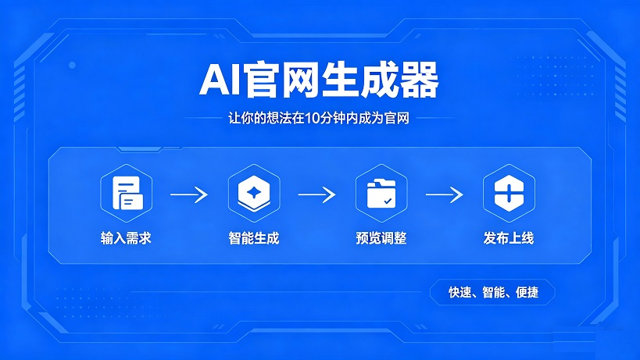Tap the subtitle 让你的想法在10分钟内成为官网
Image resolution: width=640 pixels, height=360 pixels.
coord(320,119)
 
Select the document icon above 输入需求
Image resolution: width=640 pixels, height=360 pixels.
coord(126,193)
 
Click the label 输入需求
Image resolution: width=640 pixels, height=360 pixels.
coord(126,238)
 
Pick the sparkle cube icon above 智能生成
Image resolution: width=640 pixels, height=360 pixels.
coord(254,193)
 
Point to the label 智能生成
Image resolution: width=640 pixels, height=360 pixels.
coord(254,238)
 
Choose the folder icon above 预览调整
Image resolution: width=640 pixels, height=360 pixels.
coord(381,193)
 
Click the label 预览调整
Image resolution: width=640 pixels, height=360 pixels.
coord(381,238)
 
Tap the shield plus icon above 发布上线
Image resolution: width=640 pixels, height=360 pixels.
coord(509,193)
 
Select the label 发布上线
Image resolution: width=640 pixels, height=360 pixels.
coord(509,238)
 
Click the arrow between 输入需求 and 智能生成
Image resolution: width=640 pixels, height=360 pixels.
coord(189,194)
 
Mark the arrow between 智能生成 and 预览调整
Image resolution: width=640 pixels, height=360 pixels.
coord(316,194)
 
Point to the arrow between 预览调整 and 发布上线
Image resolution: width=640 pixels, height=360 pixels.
coord(445,194)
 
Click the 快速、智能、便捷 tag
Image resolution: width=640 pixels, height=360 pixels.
coord(492,293)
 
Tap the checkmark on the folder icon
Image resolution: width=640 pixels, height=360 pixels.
coord(388,201)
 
